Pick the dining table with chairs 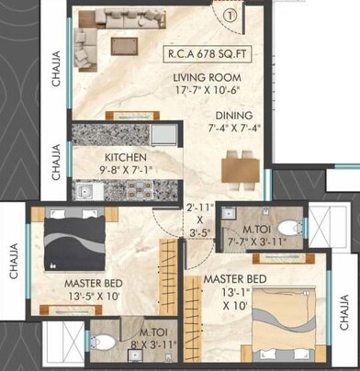tap(241, 169)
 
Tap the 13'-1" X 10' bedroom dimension tap(223, 299)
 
